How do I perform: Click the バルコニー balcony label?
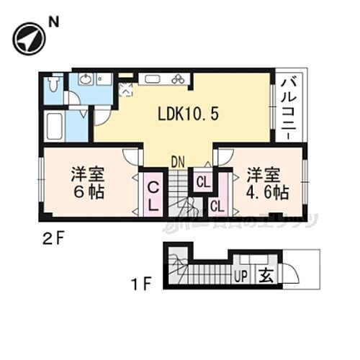coord(290,108)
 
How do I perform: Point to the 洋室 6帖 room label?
coord(86,183)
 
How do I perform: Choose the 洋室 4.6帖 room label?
coord(267,183)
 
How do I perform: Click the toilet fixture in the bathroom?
coord(53,86)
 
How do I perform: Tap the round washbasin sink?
coord(85,79)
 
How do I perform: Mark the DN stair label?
coord(179,163)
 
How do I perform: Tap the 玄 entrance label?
coord(266,274)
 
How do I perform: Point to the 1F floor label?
coord(141,283)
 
